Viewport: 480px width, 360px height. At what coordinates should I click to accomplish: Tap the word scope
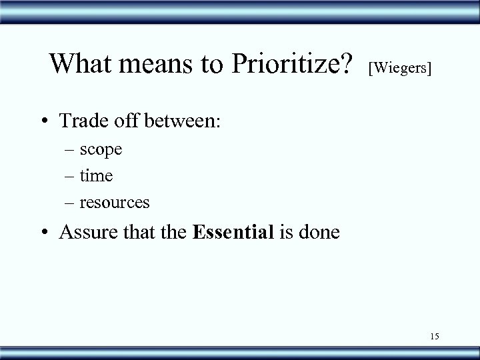101,150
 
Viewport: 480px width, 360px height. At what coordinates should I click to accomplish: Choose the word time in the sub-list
97,175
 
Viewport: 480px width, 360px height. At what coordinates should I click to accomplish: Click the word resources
115,201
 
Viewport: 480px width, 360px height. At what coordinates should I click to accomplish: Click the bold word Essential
233,232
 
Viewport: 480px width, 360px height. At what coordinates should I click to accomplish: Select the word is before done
285,232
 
